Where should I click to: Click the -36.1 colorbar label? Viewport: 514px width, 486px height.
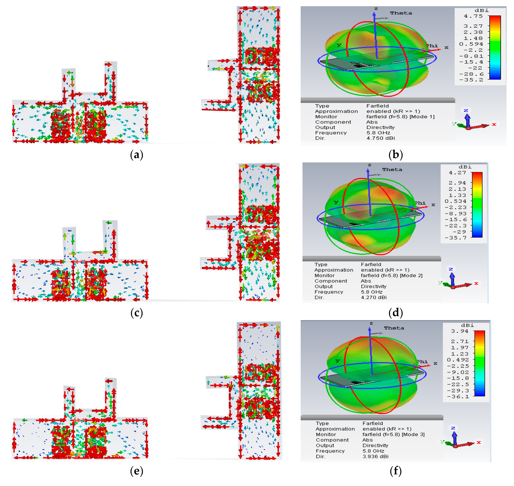458,397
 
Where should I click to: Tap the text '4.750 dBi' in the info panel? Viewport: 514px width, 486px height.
381,138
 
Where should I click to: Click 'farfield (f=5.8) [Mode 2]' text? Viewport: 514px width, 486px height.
392,275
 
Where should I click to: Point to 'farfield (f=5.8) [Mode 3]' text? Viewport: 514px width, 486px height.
393,434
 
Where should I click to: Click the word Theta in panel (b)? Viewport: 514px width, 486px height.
401,13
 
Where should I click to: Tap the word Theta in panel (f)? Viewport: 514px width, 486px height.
394,328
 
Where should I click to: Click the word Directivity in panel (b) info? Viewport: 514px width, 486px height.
380,127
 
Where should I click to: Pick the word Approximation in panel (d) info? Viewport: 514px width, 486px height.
334,270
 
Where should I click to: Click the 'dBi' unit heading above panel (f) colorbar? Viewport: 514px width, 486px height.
468,325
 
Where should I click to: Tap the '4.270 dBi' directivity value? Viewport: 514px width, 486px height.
374,297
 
